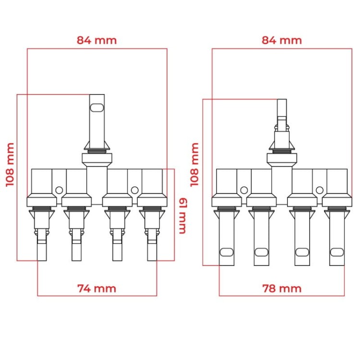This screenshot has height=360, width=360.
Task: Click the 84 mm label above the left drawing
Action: click(96, 40)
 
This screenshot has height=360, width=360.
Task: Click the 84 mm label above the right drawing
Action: click(282, 40)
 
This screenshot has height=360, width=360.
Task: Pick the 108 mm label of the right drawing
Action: click(195, 164)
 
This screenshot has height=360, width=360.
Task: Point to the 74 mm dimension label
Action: click(96, 288)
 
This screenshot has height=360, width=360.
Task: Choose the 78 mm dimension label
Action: click(282, 288)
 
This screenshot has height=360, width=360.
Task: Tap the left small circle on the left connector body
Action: click(59, 190)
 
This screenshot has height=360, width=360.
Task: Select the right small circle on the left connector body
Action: click(135, 190)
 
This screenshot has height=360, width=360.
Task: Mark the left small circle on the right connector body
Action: click(244, 190)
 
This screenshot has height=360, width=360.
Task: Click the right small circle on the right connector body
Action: click(320, 190)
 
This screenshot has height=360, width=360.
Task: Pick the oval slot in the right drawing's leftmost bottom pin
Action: click(227, 252)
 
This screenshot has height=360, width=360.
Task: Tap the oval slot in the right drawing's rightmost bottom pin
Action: click(337, 252)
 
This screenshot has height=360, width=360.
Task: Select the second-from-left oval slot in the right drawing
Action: click(262, 252)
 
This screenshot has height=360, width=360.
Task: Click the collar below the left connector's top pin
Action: click(97, 159)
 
